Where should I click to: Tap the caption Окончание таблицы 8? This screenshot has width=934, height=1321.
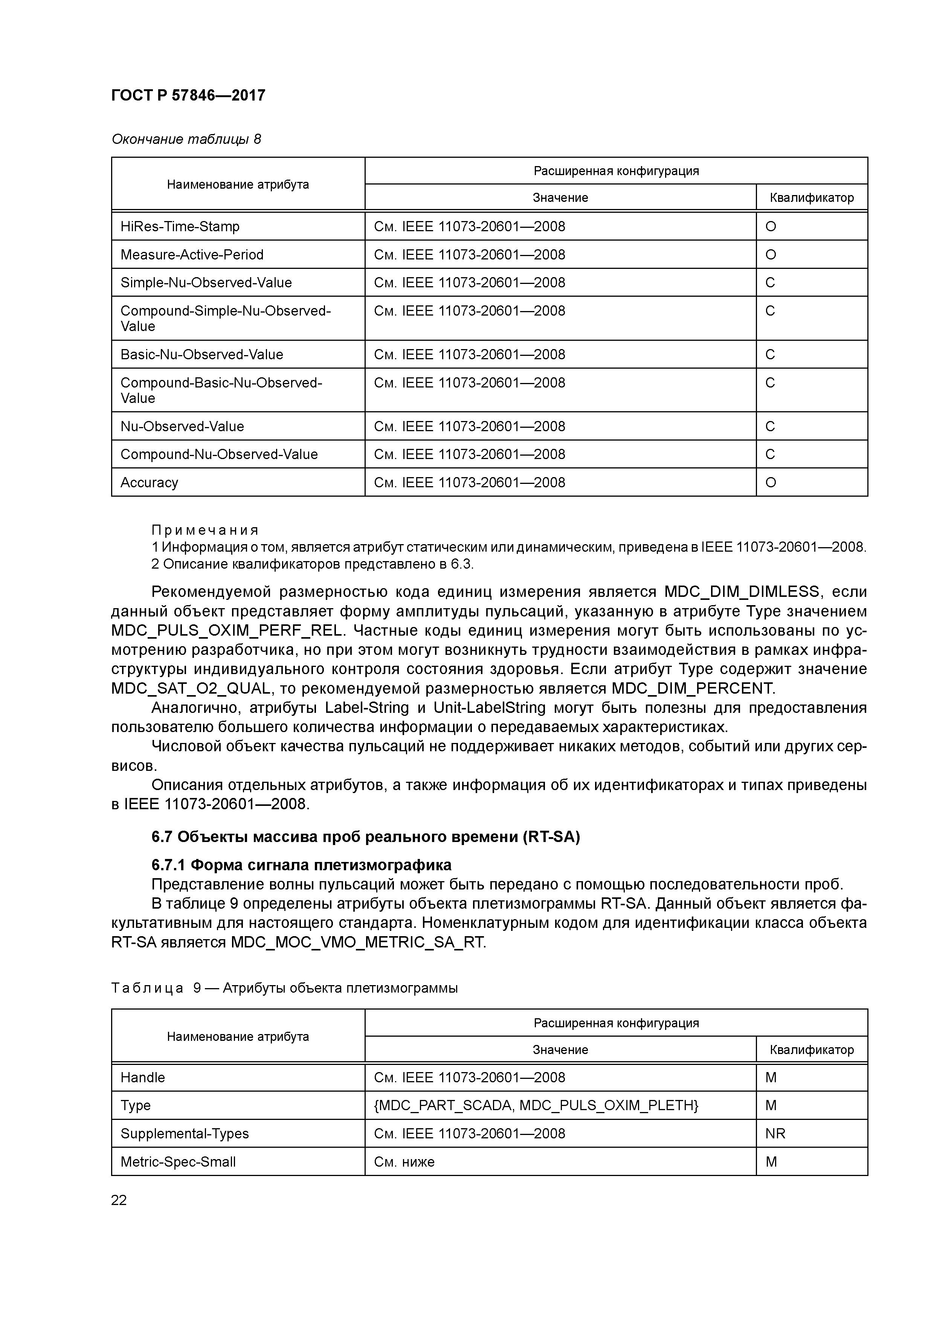(x=186, y=139)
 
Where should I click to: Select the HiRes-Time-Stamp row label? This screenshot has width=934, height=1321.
(x=180, y=227)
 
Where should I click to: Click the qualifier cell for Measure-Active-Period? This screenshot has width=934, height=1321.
(x=771, y=255)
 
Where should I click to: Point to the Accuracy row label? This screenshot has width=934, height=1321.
(x=149, y=483)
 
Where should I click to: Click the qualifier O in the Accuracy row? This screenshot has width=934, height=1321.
(x=771, y=483)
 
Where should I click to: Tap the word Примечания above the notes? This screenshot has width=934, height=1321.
(x=205, y=530)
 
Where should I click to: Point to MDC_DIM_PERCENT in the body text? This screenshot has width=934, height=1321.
(x=693, y=689)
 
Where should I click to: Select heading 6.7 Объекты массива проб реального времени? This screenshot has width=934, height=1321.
(x=365, y=837)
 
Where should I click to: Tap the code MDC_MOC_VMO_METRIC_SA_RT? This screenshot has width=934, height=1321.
(x=358, y=943)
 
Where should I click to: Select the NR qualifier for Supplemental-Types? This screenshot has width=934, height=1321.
(x=775, y=1134)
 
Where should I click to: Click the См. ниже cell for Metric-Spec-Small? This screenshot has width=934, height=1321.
(x=404, y=1162)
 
